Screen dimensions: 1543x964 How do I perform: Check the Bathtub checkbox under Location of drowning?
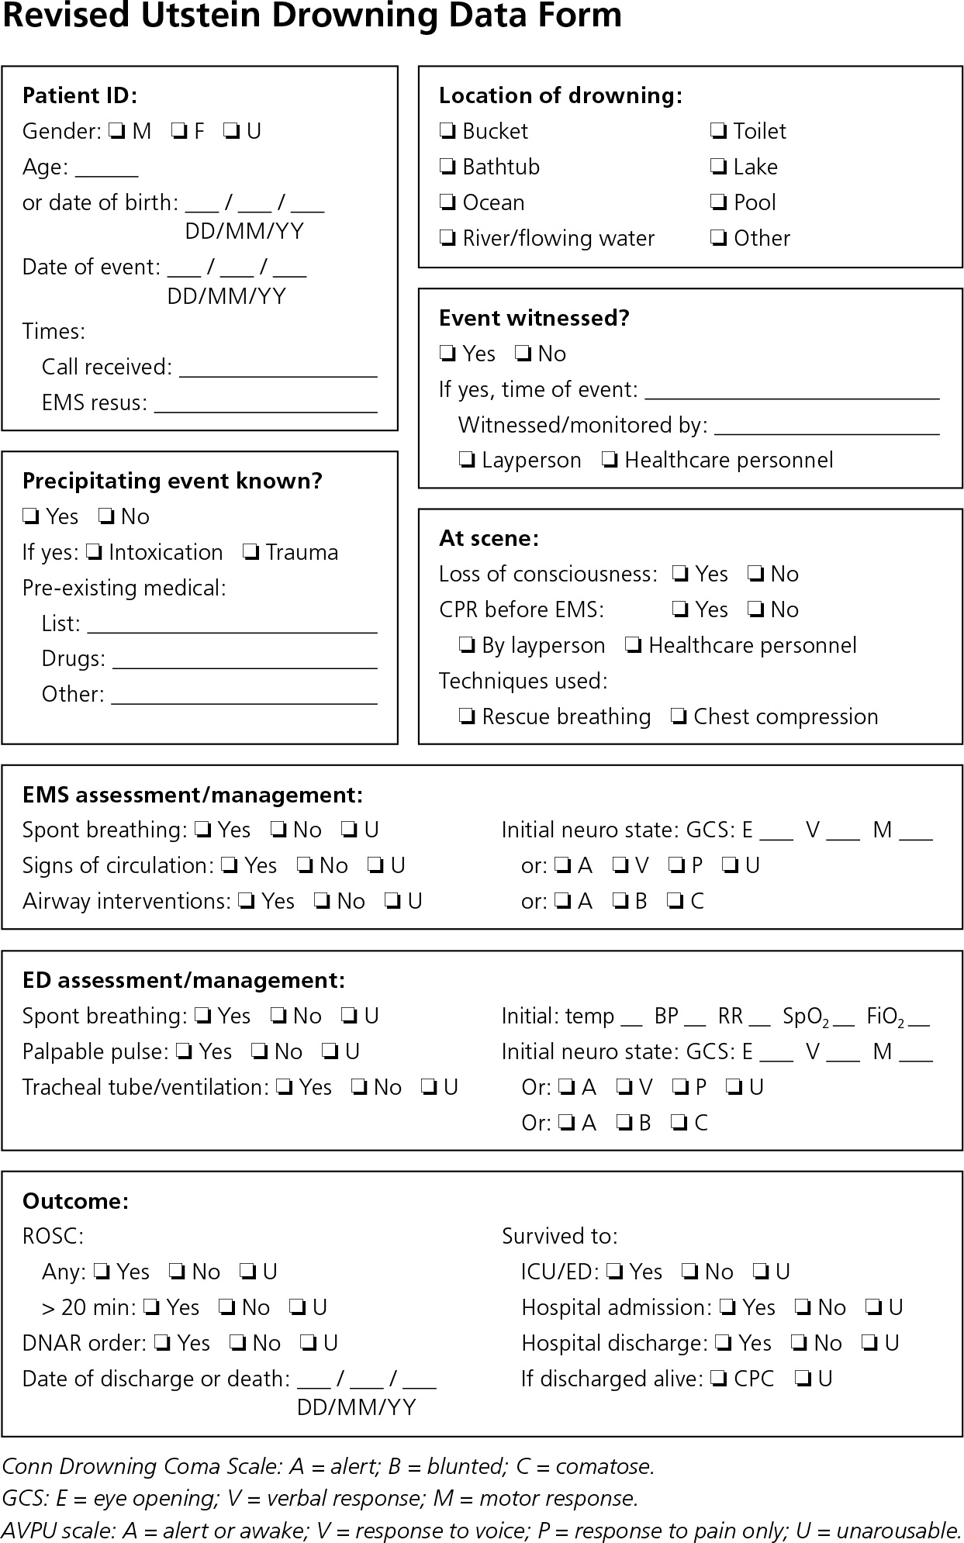[x=447, y=167]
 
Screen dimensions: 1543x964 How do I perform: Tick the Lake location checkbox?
[x=719, y=167]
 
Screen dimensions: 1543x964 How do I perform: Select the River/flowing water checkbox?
[x=447, y=238]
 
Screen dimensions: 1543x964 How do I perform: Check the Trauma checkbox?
[x=251, y=553]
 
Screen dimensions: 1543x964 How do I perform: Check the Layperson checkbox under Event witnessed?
[x=467, y=461]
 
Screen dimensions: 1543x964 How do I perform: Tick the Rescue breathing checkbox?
[x=467, y=716]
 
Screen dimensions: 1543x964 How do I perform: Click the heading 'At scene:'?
[x=489, y=538]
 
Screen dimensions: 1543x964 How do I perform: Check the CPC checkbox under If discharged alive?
[x=719, y=1379]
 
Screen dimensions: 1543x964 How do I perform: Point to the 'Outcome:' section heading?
[x=75, y=1201]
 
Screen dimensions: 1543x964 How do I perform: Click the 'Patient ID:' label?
[x=79, y=95]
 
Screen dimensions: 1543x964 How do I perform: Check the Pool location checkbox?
[x=719, y=202]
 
